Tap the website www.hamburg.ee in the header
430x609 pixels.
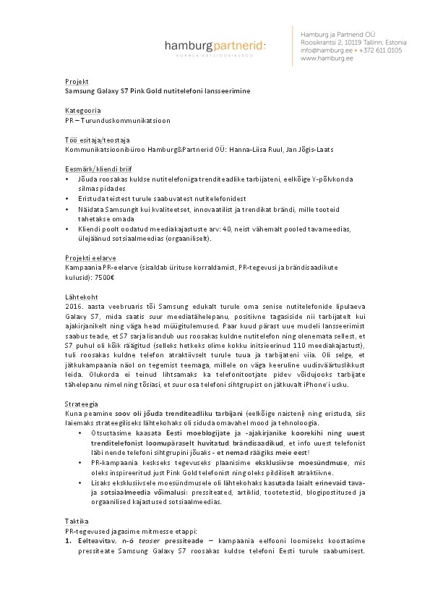[323, 59]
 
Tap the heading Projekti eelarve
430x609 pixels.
[89, 257]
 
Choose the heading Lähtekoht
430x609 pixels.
[80, 296]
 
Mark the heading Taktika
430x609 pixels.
[77, 521]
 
